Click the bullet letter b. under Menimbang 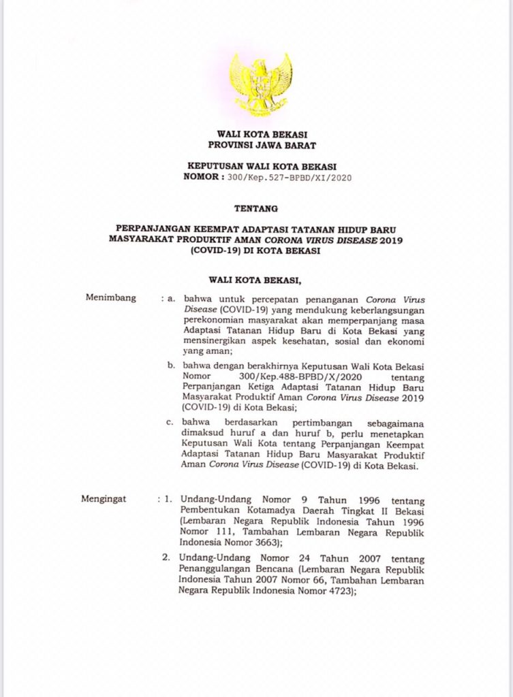coord(172,365)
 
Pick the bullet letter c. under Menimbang coord(172,422)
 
